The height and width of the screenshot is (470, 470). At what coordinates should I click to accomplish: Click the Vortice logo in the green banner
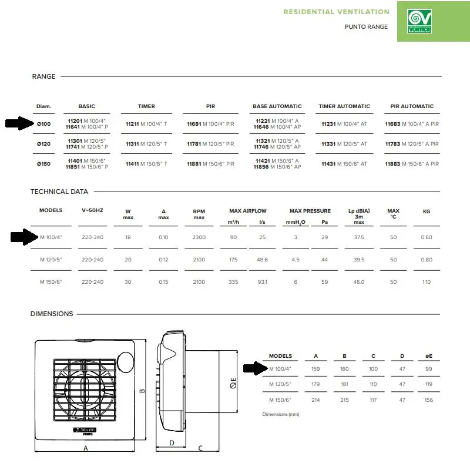[419, 21]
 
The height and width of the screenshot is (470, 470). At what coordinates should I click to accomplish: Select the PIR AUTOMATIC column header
[412, 106]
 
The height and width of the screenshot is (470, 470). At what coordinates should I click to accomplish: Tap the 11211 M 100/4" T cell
[146, 124]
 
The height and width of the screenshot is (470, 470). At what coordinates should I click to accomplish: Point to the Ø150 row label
[43, 164]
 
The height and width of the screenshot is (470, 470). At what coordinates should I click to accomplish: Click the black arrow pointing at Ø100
[20, 123]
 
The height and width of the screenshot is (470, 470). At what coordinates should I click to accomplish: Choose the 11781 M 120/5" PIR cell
[210, 144]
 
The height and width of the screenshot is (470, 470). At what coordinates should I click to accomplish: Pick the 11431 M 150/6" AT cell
[344, 164]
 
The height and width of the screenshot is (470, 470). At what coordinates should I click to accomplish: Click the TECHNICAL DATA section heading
[59, 192]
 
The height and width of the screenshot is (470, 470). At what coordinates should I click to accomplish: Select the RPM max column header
[199, 214]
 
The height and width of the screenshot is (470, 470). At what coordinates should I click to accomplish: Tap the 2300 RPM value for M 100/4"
[199, 237]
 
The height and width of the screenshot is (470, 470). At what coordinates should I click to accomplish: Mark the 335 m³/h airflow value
[233, 282]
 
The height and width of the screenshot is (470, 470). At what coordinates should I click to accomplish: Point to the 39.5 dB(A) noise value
[359, 259]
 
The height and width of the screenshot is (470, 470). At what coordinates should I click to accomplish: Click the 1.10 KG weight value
[427, 282]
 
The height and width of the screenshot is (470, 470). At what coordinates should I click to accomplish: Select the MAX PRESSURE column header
[310, 211]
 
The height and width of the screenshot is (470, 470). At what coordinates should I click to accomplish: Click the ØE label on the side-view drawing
[233, 383]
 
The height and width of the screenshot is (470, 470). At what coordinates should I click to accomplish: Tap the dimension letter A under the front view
[86, 448]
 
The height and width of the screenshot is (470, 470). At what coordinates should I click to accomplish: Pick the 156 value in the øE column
[429, 400]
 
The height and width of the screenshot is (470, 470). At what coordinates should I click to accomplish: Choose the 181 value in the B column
[344, 384]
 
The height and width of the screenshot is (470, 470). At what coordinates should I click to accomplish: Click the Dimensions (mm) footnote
[281, 414]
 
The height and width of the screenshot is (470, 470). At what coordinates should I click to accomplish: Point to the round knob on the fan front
[125, 362]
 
